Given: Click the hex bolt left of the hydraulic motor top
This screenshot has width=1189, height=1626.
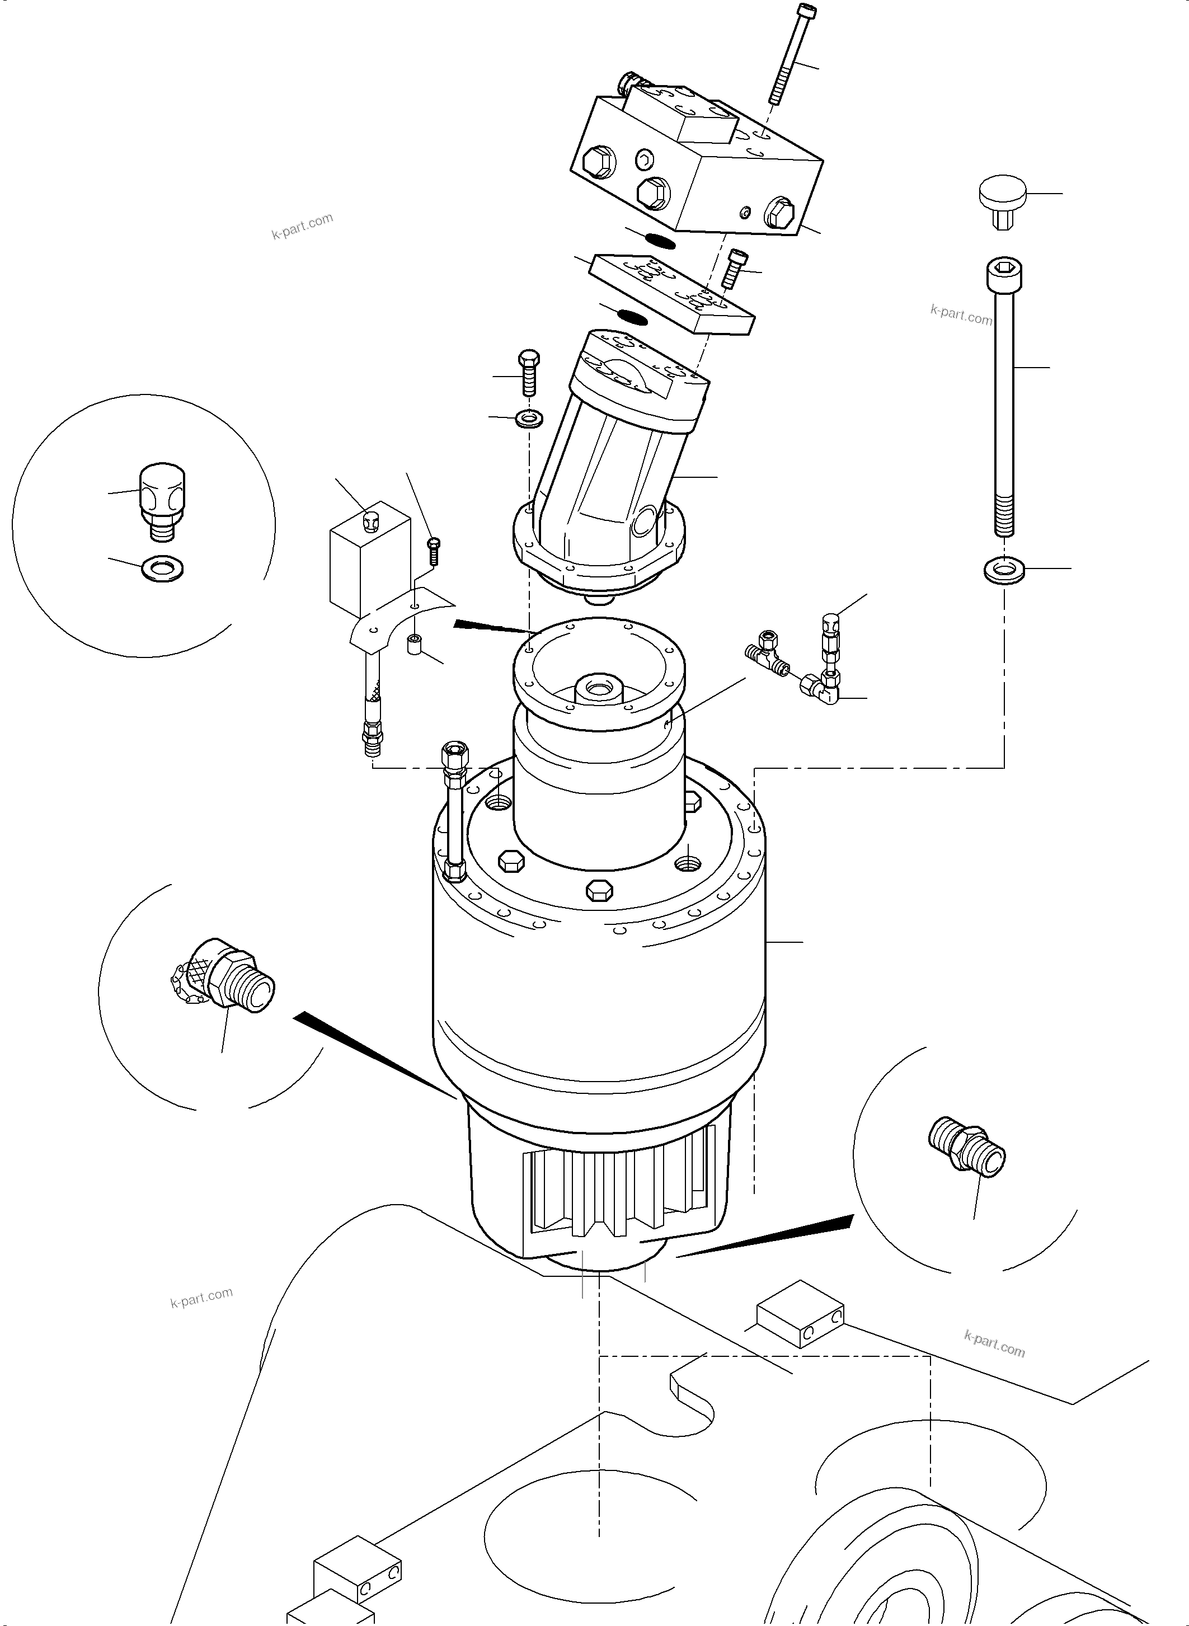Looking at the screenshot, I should tap(528, 372).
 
